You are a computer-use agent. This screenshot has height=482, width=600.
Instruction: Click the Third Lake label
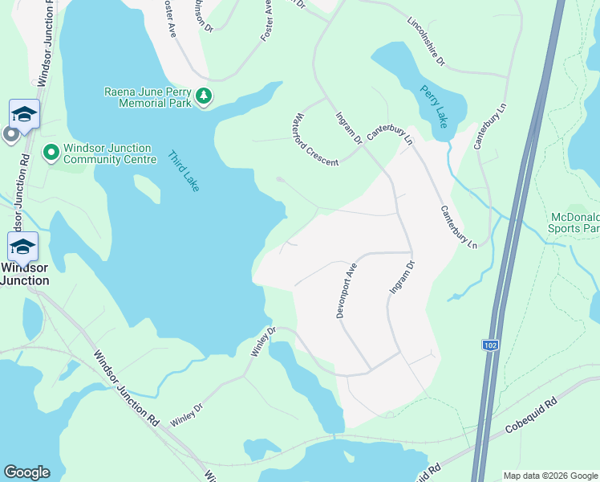(x=184, y=170)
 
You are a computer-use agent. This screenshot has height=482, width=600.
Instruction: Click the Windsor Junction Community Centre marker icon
(x=51, y=152)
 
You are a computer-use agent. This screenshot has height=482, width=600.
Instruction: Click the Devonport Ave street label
(x=345, y=290)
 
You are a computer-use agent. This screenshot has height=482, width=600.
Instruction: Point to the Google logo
(x=26, y=472)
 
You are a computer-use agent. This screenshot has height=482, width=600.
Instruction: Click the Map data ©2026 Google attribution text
(x=549, y=476)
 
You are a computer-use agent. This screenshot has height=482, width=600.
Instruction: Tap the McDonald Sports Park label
(x=574, y=223)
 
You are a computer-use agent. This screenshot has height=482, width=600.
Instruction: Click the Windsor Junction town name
(x=23, y=274)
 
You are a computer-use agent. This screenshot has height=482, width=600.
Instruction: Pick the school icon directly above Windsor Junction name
(x=22, y=246)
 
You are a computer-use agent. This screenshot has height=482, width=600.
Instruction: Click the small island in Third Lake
(x=147, y=190)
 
